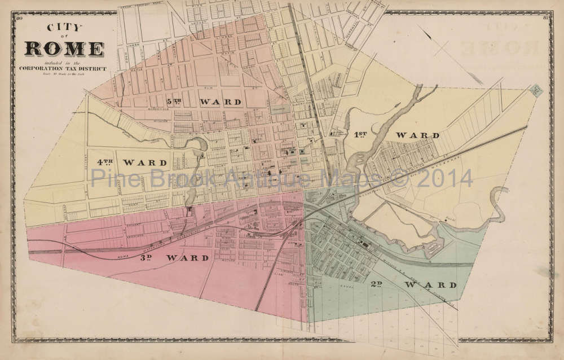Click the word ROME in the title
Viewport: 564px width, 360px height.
coord(64,49)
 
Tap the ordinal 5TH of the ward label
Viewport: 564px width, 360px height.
coord(174,102)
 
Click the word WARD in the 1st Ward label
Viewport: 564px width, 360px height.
coord(417,135)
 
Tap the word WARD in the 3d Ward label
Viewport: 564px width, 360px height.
coord(187,258)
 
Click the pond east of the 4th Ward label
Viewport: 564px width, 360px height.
coord(199,146)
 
